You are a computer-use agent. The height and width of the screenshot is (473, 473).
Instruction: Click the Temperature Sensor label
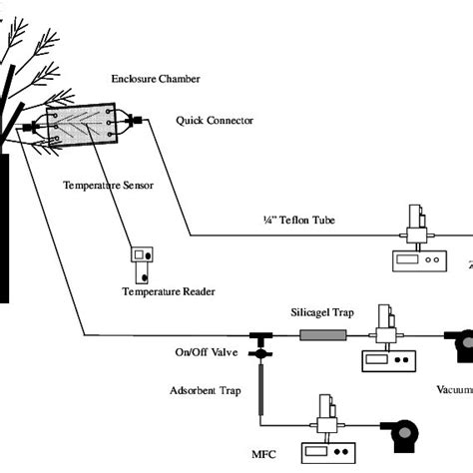point(109,186)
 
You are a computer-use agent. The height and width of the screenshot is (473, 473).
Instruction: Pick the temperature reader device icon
point(143,263)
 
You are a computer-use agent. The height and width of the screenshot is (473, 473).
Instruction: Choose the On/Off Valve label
point(208,354)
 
